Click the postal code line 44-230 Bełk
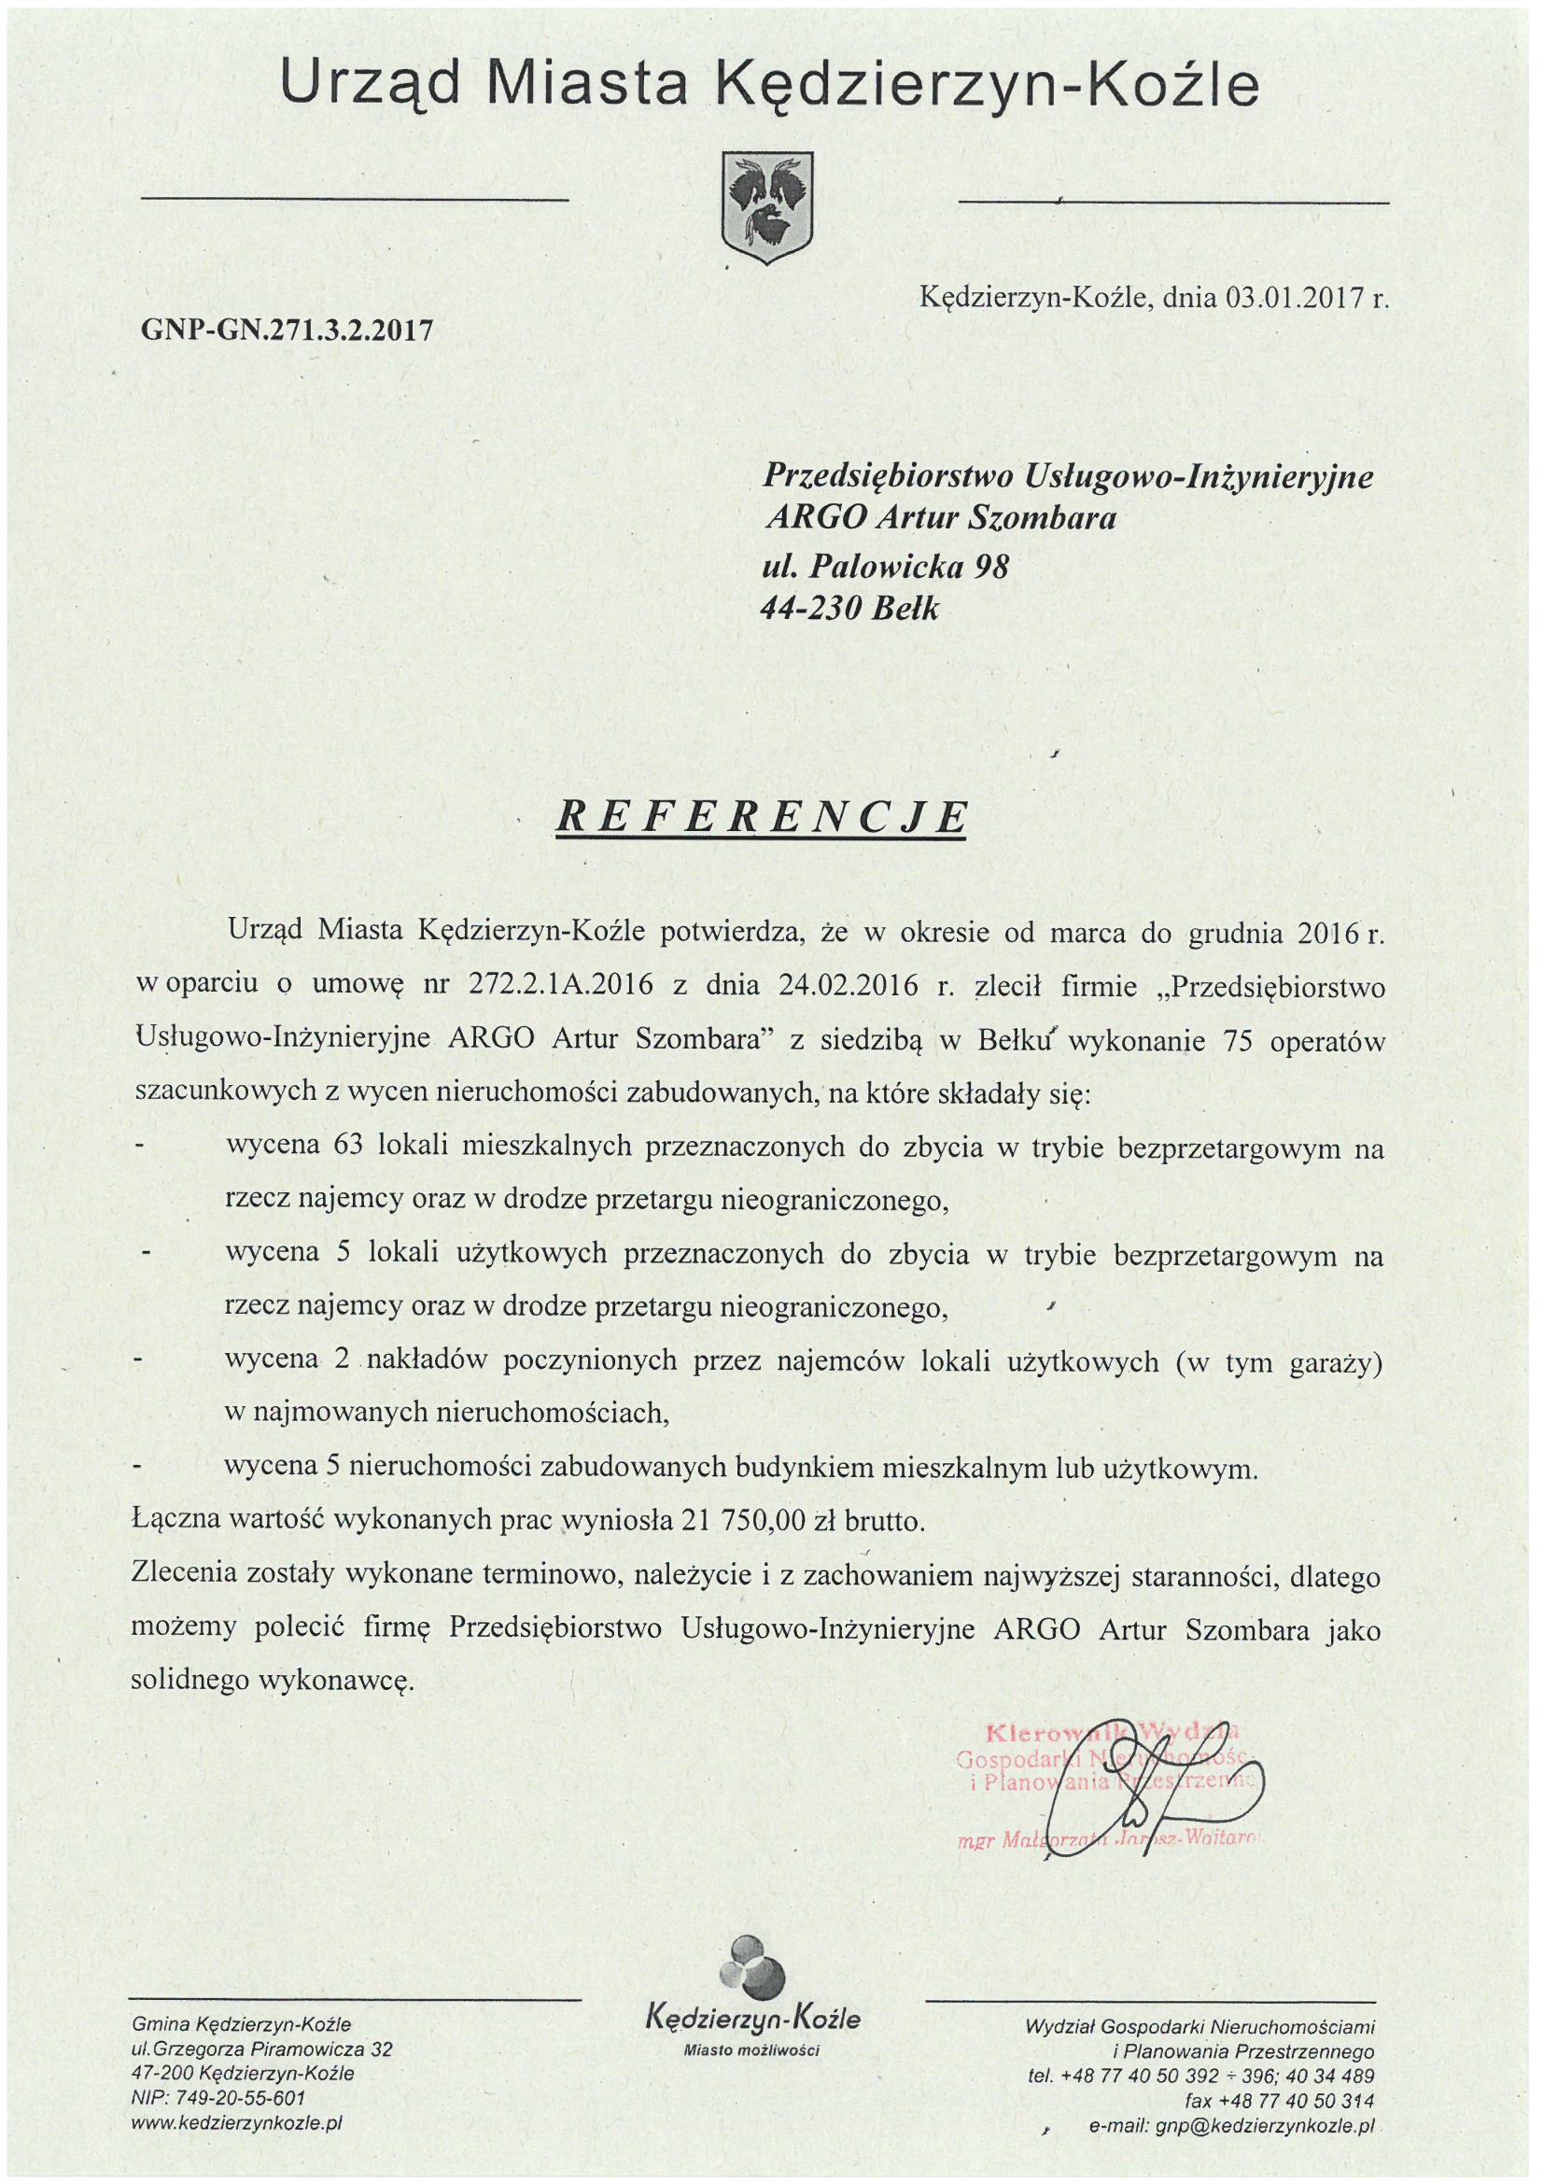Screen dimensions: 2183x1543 click(849, 609)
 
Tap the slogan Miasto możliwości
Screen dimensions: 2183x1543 click(752, 2050)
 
